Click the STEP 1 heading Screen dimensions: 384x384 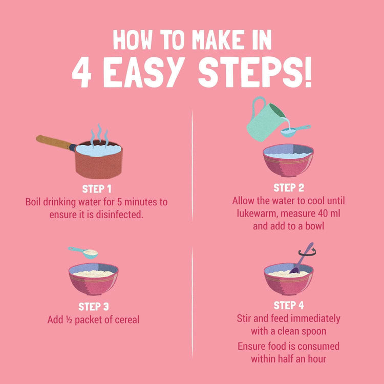(x=97, y=188)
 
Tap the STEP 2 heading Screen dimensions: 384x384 (x=289, y=188)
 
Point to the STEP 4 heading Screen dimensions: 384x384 (x=289, y=306)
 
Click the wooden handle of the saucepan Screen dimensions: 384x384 (x=54, y=142)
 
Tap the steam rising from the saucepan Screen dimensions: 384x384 (x=100, y=134)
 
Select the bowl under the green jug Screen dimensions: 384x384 (x=288, y=160)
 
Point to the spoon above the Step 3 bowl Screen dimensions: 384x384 (x=84, y=251)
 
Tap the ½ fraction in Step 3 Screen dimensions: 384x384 (x=69, y=320)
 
